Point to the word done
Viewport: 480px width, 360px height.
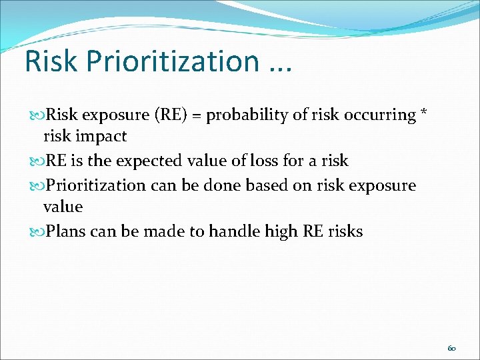[x=217, y=185]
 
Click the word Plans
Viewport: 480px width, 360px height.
[x=66, y=231]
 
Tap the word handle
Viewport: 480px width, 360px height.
[x=230, y=231]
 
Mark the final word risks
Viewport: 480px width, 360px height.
[x=343, y=231]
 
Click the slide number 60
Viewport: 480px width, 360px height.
[x=451, y=347]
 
